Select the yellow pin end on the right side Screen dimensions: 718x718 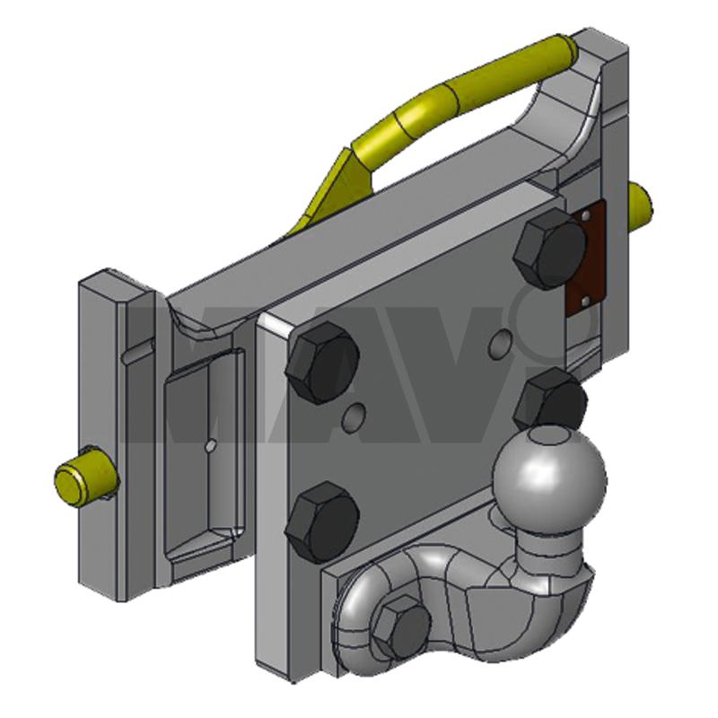coord(641,208)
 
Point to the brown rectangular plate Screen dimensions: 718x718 coord(587,258)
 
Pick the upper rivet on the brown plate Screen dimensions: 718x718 coord(586,215)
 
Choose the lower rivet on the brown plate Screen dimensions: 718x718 coord(585,302)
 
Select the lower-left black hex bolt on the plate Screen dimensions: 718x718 coord(322,522)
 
